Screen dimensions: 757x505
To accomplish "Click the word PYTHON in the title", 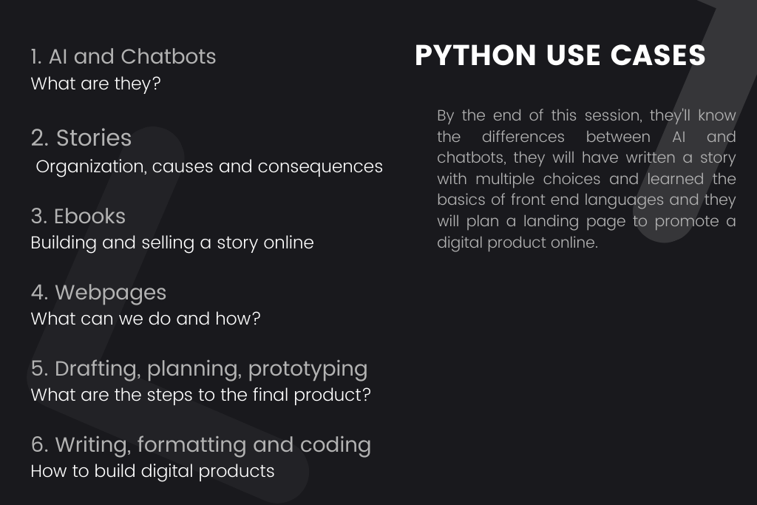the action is pos(475,55).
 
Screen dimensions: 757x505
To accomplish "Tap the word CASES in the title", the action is pos(658,55).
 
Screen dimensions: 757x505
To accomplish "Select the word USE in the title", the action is pos(573,55).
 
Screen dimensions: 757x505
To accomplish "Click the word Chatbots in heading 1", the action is pos(169,56).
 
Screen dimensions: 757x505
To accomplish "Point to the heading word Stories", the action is pos(94,138).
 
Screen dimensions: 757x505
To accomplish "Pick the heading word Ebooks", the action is pos(89,217).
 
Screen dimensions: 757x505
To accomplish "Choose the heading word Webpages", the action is pos(111,293).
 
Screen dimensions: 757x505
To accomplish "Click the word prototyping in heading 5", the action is pos(308,370).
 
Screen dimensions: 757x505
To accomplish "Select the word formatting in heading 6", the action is pos(191,445).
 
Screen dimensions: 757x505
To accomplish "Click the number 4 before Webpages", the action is pos(39,293).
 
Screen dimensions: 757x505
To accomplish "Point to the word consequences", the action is pos(320,166).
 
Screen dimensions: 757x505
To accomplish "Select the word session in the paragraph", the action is pos(613,116).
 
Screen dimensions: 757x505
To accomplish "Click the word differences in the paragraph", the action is pos(523,137).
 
